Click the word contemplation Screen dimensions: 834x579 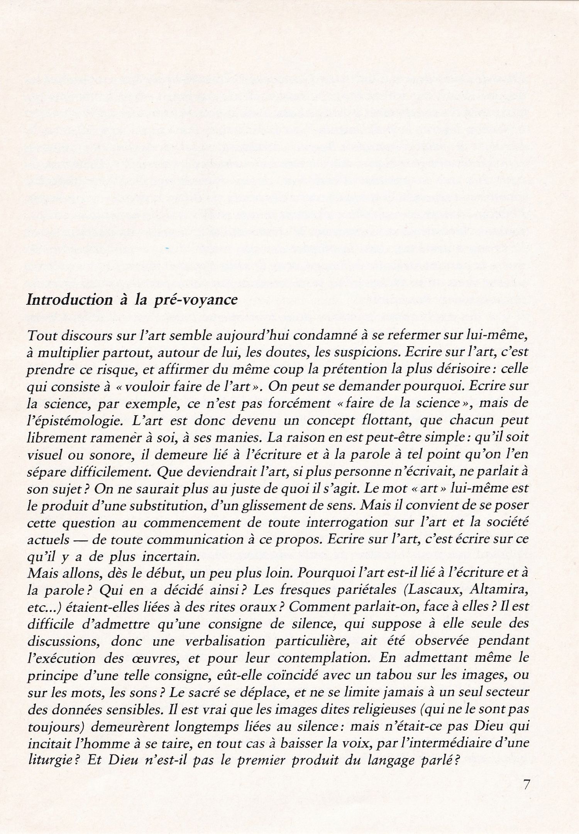tap(323, 658)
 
